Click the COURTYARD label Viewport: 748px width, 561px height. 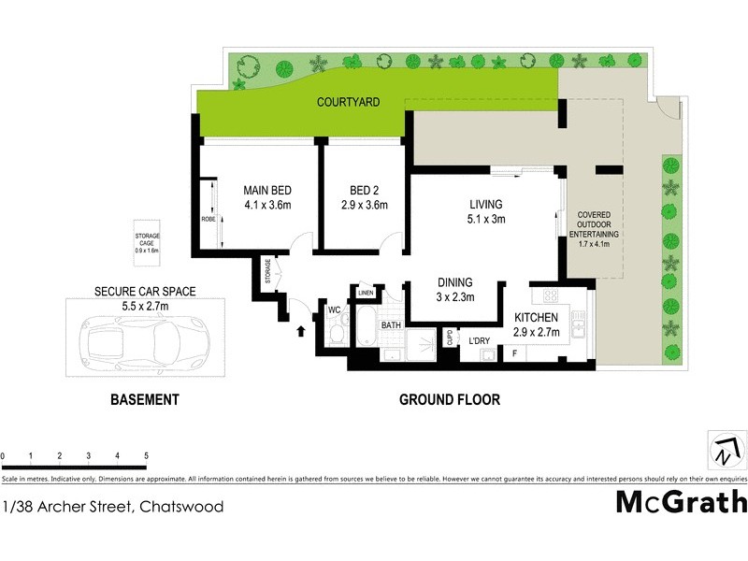pos(348,102)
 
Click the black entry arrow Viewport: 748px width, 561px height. pos(300,329)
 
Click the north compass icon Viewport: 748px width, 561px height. pos(726,451)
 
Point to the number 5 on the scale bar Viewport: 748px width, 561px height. pos(146,455)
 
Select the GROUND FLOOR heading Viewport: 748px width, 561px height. pos(449,399)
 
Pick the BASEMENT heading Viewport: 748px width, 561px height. pos(144,399)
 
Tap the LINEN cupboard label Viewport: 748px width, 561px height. pos(366,294)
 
